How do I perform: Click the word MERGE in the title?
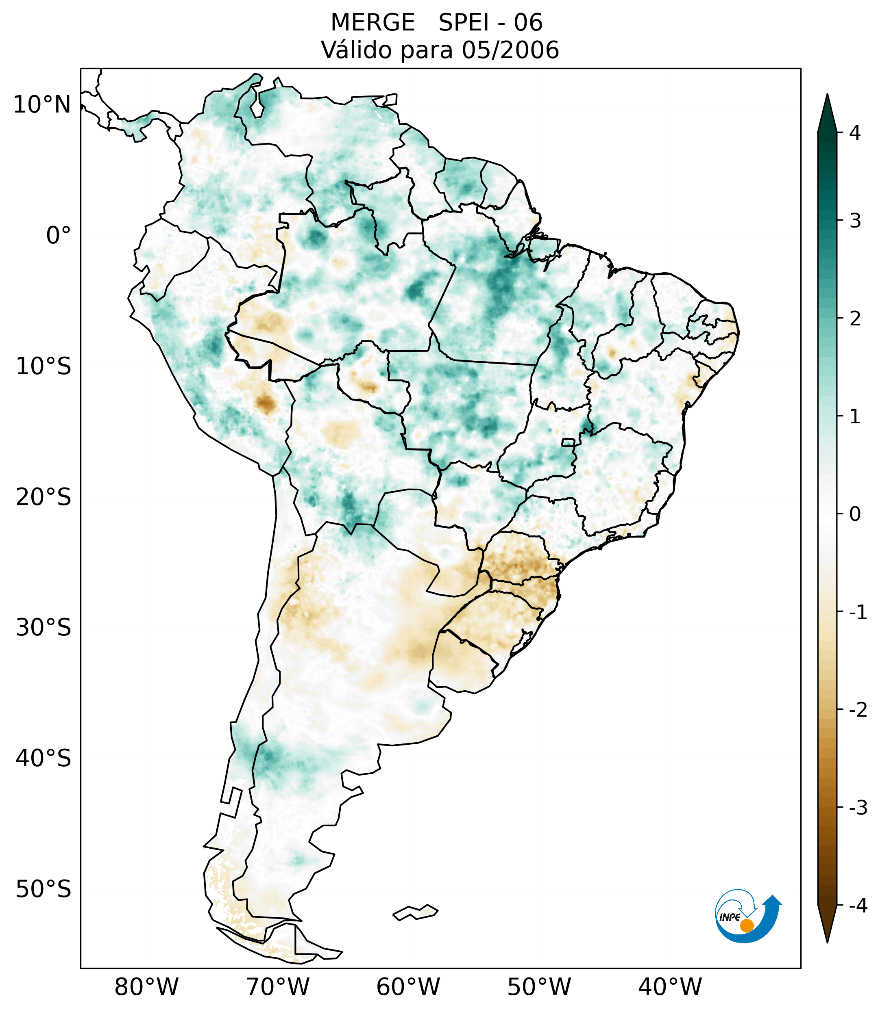373,23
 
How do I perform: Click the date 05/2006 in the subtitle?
510,50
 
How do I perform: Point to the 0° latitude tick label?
59,235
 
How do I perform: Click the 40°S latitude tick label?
44,758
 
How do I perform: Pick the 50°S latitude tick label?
44,889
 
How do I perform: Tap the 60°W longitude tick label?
408,987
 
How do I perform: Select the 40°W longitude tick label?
670,987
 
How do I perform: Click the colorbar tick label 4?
855,133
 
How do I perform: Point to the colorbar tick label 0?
855,514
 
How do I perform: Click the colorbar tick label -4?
858,906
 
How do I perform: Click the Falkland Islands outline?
415,912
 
